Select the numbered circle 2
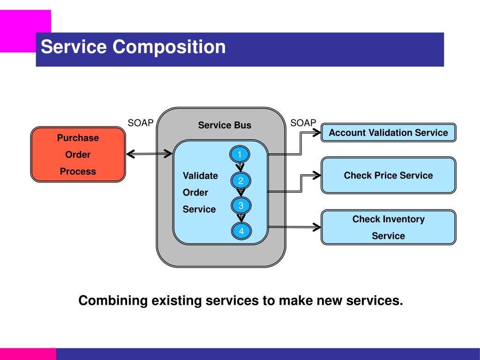[x=241, y=181]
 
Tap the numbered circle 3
[x=241, y=205]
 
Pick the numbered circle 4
[x=241, y=231]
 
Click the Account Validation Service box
[x=388, y=133]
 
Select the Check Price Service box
[x=388, y=175]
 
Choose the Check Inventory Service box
[x=388, y=227]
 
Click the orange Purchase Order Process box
[x=78, y=155]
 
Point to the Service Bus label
[x=225, y=125]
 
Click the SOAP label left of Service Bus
[x=141, y=123]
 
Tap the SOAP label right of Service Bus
[x=303, y=123]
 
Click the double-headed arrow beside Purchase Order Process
[x=150, y=153]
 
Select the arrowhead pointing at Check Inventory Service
[x=317, y=227]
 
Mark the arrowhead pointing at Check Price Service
[x=317, y=175]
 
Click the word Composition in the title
[x=169, y=47]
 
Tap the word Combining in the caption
[x=112, y=300]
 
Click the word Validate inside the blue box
[x=200, y=176]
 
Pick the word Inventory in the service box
[x=404, y=219]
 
